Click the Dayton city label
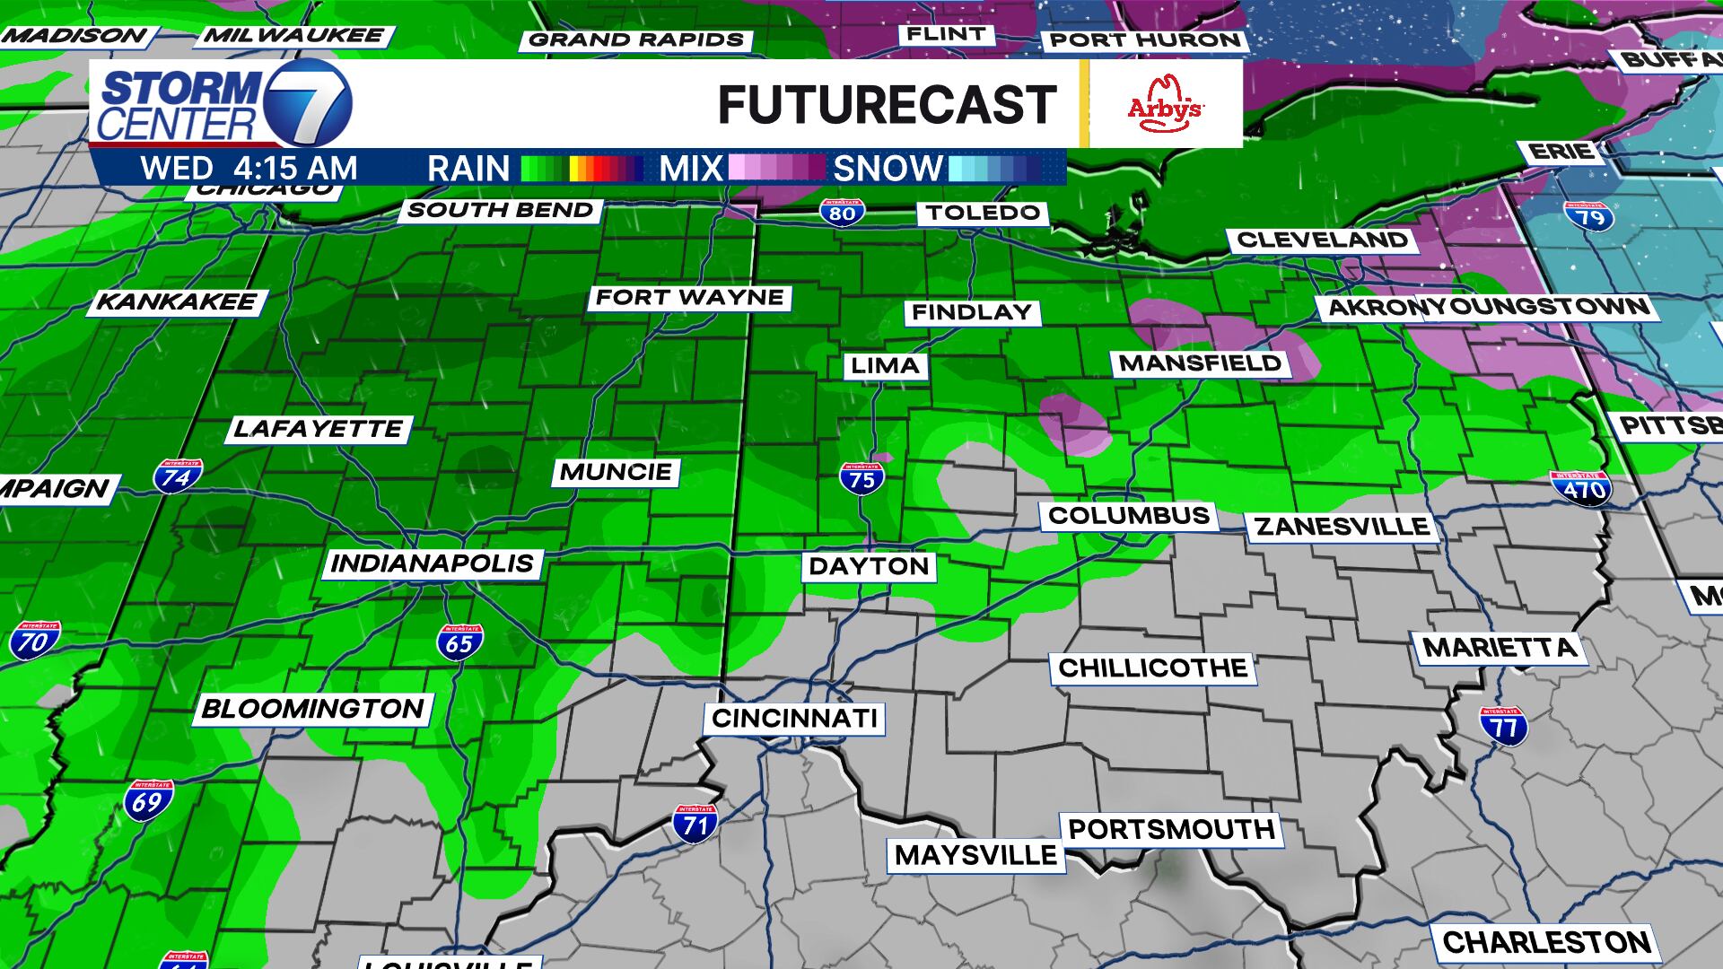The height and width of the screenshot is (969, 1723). coord(869,566)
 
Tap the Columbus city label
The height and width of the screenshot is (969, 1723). coord(1129,516)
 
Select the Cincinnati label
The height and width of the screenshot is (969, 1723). coord(794,719)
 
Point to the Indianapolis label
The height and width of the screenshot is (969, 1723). coord(433,563)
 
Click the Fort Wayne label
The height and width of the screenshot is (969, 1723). coord(689,298)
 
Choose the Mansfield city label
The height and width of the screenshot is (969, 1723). coord(1201,363)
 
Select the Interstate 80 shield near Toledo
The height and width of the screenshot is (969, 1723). coord(842,213)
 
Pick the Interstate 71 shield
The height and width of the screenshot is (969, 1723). coord(695,824)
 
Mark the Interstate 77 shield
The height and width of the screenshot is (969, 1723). coord(1504,726)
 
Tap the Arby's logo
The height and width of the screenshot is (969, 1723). coord(1165,104)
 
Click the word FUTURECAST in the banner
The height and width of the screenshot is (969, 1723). coord(887,105)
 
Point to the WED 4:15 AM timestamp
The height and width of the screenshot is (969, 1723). coord(249,169)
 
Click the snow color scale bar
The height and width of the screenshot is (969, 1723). coord(994,169)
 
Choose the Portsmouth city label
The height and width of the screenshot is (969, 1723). coord(1171,829)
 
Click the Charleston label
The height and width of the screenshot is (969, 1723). coord(1546,942)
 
